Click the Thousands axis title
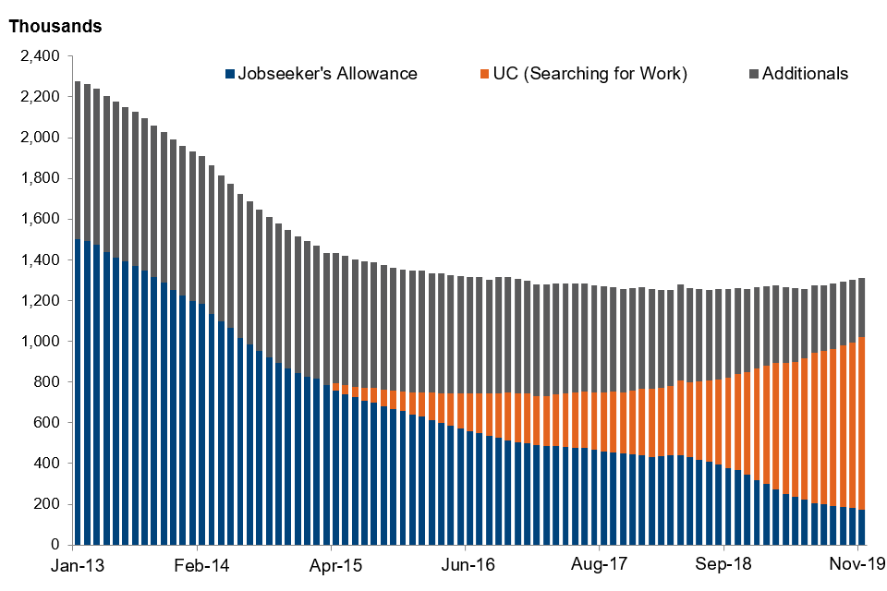(x=55, y=26)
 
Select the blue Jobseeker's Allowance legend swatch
(x=229, y=74)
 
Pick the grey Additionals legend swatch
(x=753, y=74)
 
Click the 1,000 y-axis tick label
(x=39, y=342)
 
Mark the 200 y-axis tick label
(x=46, y=504)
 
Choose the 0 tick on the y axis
(x=55, y=545)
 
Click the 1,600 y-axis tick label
(x=39, y=220)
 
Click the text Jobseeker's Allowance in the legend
(x=328, y=74)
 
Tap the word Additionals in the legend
(x=805, y=74)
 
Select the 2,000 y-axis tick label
(x=39, y=138)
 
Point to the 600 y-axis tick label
(x=46, y=423)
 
